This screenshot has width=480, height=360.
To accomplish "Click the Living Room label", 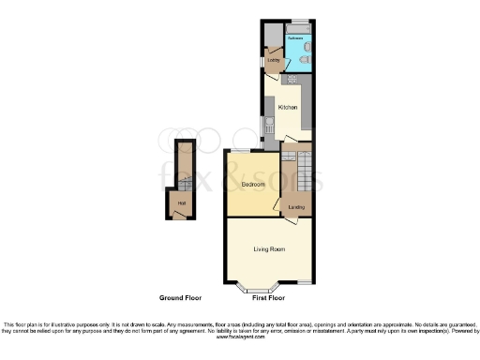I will (269, 248).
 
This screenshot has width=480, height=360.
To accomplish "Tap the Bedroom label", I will (251, 185).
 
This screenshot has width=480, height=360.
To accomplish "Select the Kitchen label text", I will (287, 108).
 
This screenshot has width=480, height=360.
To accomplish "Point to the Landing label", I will (296, 206).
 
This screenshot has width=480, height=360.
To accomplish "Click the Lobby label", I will (274, 61).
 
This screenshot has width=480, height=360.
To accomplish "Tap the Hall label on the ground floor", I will (181, 202).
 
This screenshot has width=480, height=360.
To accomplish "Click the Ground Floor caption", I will (180, 297).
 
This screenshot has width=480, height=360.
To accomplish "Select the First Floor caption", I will (268, 297).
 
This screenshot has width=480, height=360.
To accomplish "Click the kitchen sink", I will (269, 127).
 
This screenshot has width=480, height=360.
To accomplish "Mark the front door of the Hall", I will (178, 215).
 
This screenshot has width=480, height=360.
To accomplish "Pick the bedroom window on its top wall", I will (241, 151).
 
